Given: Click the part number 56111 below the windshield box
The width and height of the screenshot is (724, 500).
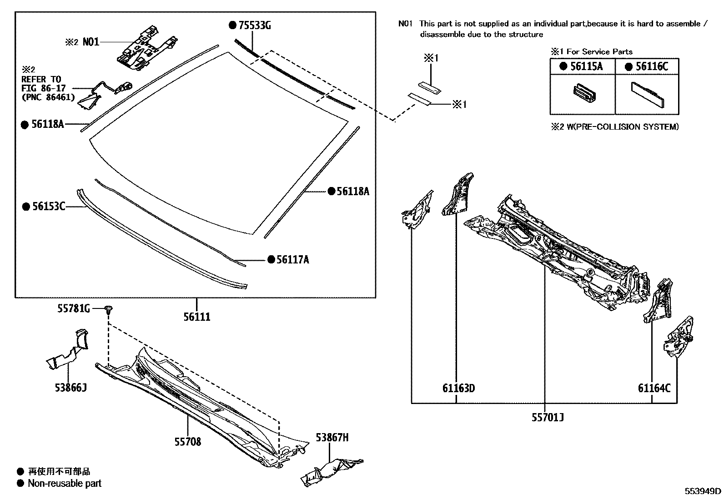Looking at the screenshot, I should pos(197,317).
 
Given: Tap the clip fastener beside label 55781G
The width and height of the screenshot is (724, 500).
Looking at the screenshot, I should pos(108,310).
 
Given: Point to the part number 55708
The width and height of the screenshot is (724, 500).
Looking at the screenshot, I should pos(187,442).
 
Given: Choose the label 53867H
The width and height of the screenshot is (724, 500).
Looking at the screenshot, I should pos(332,438).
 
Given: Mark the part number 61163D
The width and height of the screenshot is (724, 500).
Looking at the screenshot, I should pos(458,388).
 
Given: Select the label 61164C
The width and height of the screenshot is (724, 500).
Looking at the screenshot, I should pos(654,388).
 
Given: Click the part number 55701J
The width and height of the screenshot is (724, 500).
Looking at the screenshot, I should pos(548,417).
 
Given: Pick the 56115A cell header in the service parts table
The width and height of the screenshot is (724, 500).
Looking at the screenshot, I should pos(586,66).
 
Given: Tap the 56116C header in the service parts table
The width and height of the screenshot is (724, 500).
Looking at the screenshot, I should pos(651,66).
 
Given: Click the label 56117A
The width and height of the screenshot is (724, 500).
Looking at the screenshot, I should pos(292,260).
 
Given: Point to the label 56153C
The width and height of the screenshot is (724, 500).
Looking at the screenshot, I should pos(49,207).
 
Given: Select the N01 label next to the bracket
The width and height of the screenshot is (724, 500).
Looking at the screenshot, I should pos(90,42).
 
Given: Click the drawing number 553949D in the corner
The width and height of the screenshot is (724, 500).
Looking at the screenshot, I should pos(703,491).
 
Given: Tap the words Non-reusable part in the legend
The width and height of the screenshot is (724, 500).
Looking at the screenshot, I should pos(64,483).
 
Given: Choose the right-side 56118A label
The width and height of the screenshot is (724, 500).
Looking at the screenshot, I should pos(352,192).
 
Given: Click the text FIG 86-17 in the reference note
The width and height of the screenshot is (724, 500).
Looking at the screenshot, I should pos(44,88).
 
